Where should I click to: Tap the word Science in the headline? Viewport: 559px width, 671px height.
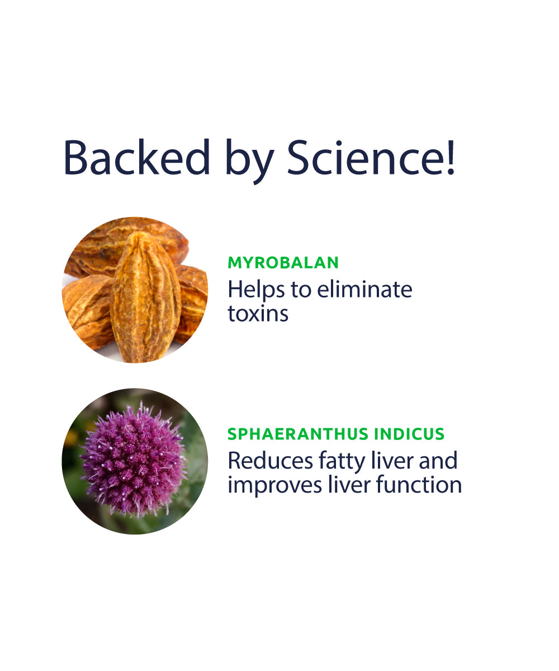362,158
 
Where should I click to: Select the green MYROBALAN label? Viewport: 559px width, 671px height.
283,263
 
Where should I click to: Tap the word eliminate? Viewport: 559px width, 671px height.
364,289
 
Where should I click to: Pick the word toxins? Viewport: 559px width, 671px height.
258,313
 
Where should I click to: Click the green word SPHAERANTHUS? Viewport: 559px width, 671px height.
298,434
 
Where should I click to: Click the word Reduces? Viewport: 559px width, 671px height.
270,461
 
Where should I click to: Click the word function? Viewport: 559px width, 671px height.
419,484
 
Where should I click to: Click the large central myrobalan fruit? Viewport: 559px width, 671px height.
145,297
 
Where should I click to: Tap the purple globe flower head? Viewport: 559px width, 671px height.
134,460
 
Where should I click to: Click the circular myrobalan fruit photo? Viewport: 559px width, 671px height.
135,290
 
